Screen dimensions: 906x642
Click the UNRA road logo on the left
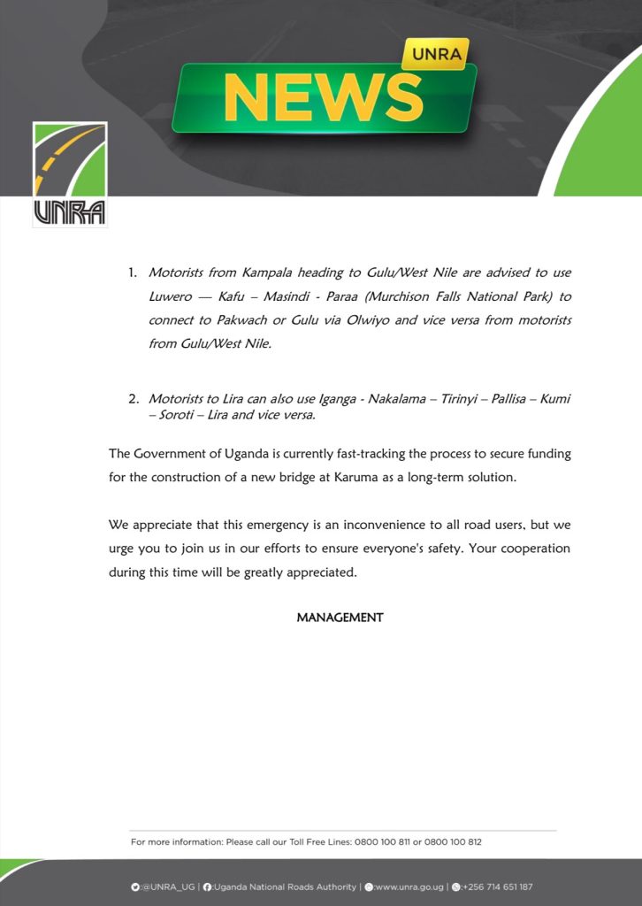[x=70, y=174]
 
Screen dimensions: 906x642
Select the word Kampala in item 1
[x=257, y=273]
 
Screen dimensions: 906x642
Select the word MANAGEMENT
[x=340, y=618]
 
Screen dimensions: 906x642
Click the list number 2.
[x=134, y=400]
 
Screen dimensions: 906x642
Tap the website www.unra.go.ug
[x=409, y=887]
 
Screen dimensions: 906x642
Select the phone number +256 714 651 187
[x=496, y=887]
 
